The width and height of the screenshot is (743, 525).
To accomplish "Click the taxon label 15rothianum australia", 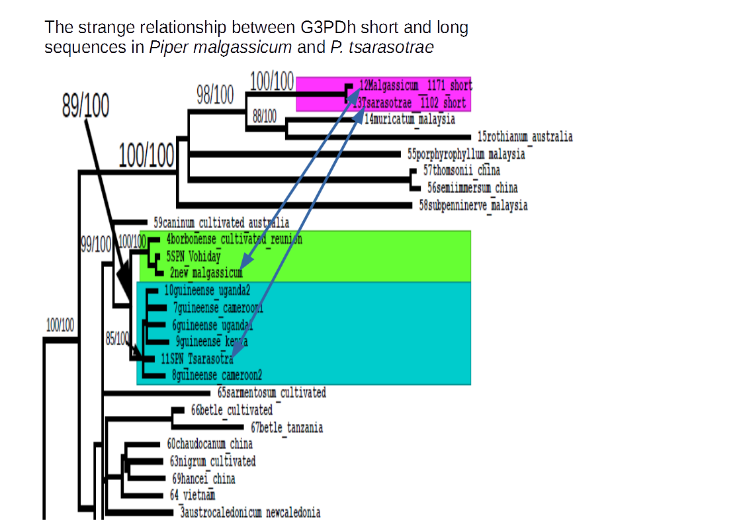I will click(x=525, y=137).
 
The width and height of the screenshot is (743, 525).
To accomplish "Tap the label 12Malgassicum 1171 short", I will click(x=415, y=85).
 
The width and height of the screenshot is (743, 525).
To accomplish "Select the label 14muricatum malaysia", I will click(x=410, y=120).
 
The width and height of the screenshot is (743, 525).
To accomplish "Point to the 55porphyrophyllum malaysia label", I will click(x=466, y=154).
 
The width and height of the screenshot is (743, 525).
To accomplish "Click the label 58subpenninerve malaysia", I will click(x=474, y=205).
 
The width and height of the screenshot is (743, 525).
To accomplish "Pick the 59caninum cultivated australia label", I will click(x=221, y=223).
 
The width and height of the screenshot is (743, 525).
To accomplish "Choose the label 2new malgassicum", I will click(x=206, y=272).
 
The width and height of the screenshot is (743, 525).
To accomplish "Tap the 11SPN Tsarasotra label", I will click(x=197, y=359).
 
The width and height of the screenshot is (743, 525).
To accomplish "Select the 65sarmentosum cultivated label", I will click(x=271, y=393).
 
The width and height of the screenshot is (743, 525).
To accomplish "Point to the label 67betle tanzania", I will click(x=287, y=428).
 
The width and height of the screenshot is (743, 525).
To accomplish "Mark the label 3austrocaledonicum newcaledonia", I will click(x=250, y=512).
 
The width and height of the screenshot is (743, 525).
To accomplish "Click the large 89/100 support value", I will click(x=86, y=106).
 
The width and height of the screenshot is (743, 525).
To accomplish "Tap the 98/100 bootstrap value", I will click(x=215, y=96).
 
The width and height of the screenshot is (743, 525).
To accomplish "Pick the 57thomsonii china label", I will click(x=462, y=171).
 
